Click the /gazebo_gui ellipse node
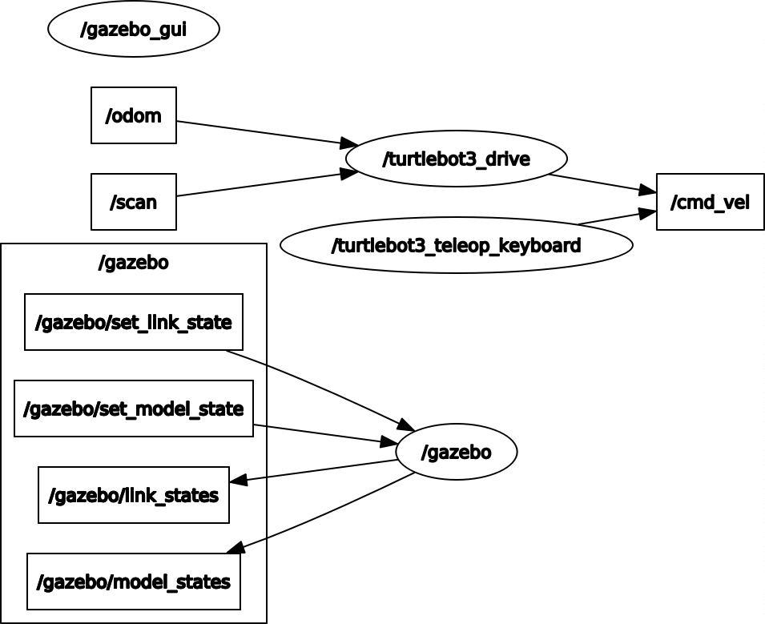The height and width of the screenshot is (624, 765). tap(134, 30)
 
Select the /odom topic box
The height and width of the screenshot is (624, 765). tap(134, 115)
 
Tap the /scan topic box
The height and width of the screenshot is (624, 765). tap(134, 202)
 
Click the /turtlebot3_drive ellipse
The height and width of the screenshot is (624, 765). tap(456, 159)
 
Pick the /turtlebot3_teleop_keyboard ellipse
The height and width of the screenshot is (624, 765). tap(456, 245)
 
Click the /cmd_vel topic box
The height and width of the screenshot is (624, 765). tap(710, 202)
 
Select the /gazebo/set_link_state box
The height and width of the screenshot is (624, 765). tap(134, 322)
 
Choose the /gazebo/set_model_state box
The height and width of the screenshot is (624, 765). tap(134, 409)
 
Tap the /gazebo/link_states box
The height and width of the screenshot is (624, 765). tap(134, 495)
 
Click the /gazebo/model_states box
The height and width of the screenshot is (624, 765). tap(134, 582)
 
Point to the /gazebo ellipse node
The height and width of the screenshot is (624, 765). tap(456, 452)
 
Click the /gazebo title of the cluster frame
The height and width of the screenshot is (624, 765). tap(134, 263)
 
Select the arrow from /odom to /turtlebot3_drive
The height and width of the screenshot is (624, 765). tap(264, 133)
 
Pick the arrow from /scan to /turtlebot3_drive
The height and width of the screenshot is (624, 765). tap(264, 183)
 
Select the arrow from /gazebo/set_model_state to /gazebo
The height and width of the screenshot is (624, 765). tap(324, 434)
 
